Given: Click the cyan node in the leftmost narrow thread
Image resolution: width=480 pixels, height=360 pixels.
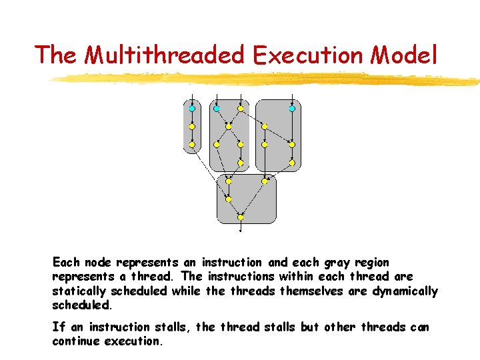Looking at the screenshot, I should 192,108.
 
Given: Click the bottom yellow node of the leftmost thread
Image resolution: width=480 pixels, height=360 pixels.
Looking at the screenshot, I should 192,144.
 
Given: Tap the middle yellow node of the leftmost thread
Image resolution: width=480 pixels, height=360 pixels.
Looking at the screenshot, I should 192,126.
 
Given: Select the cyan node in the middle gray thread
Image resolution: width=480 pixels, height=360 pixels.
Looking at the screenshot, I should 216,108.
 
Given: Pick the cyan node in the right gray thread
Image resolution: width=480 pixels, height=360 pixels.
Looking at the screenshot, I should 291,108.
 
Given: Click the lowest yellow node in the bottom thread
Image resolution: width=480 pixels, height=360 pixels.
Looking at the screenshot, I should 241,217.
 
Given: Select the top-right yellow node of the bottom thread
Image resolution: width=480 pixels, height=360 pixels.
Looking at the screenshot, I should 265,181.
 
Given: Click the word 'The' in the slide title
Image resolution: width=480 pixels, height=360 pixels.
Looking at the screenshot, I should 57,55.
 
